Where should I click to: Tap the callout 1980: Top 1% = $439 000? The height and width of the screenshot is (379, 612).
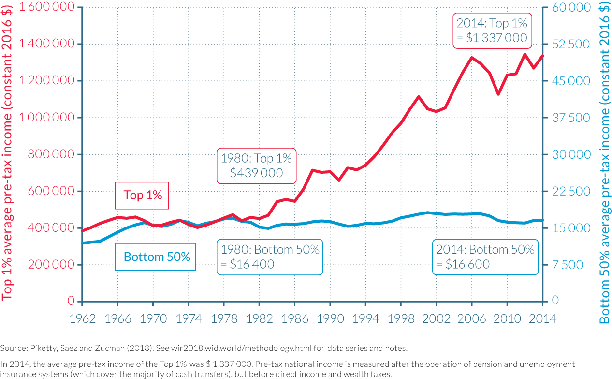[256, 166]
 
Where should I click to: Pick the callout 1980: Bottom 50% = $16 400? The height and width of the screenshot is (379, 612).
[270, 257]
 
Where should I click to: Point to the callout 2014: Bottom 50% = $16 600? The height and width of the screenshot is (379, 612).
[485, 257]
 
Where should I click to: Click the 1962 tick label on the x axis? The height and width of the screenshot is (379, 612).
[82, 318]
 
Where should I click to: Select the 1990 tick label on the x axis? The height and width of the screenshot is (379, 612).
[330, 318]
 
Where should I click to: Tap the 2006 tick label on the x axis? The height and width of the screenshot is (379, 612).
[472, 318]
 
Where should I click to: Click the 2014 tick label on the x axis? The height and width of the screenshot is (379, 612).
[542, 318]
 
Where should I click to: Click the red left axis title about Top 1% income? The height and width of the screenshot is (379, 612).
[8, 154]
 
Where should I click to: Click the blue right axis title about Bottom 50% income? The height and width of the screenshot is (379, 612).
[604, 162]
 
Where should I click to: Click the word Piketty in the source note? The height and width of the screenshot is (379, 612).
[42, 348]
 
